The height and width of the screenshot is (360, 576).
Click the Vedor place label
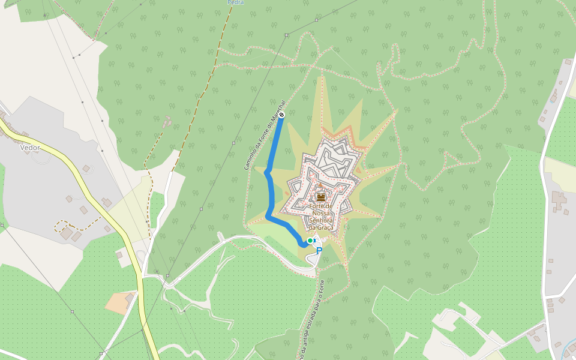pyautogui.click(x=30, y=148)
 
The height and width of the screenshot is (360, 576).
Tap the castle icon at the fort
pyautogui.click(x=321, y=196)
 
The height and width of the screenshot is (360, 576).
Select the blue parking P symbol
pyautogui.click(x=319, y=251)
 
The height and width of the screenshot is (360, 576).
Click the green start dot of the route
pyautogui.click(x=310, y=241)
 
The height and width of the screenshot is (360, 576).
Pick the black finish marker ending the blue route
pyautogui.click(x=281, y=114)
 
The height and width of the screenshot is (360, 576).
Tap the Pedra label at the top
pyautogui.click(x=235, y=2)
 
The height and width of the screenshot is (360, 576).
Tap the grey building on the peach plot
pyautogui.click(x=130, y=298)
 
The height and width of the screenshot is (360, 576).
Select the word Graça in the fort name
pyautogui.click(x=326, y=227)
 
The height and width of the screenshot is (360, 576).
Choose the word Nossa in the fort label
pyautogui.click(x=322, y=213)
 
